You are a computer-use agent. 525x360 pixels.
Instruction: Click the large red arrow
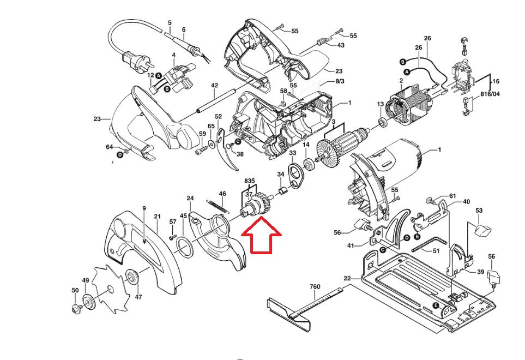[262, 236]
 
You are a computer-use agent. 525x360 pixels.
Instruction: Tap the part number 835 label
[249, 181]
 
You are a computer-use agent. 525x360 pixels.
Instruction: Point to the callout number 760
[315, 286]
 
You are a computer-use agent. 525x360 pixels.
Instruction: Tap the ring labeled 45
[184, 248]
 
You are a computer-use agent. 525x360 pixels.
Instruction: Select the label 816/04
[490, 94]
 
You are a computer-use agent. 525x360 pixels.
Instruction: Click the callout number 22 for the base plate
[347, 278]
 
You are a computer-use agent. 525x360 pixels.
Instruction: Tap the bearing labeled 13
[382, 122]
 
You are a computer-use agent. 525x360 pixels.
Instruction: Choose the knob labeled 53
[482, 230]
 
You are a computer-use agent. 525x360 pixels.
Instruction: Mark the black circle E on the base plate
[436, 305]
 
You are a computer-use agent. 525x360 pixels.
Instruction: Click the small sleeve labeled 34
[282, 192]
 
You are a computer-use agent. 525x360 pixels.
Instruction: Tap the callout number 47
[138, 297]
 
